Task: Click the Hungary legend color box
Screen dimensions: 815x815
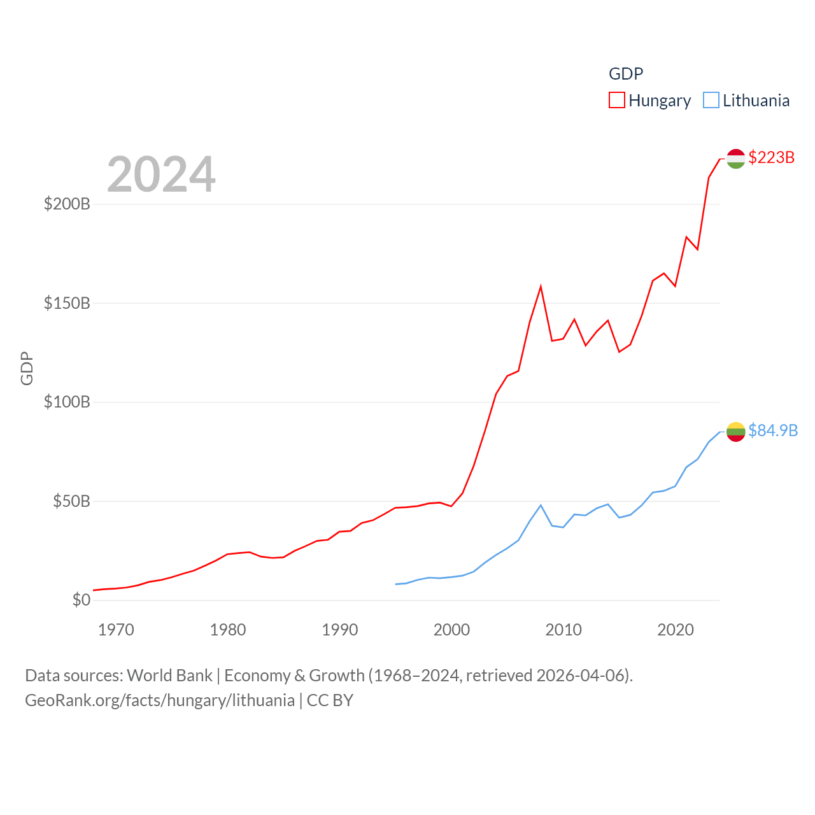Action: click(616, 101)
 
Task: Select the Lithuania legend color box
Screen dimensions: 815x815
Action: click(711, 101)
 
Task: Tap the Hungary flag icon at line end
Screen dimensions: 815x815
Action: click(735, 159)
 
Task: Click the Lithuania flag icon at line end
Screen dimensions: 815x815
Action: click(735, 432)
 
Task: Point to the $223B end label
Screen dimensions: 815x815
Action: click(771, 157)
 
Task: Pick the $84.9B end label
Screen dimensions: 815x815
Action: click(772, 430)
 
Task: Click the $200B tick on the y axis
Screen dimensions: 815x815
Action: click(67, 204)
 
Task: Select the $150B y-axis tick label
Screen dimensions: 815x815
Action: click(67, 303)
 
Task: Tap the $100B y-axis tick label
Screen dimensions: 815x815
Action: click(67, 402)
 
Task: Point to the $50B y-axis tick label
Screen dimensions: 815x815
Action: click(71, 501)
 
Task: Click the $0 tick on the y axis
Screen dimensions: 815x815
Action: click(81, 600)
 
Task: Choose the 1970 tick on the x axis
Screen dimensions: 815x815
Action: click(116, 630)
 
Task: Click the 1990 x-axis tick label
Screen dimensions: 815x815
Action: click(340, 630)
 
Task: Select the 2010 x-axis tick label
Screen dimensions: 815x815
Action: click(563, 630)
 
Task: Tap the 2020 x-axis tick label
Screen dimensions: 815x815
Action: click(676, 630)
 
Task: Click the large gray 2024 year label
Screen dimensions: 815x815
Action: click(161, 174)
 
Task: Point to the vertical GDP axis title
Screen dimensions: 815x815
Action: click(27, 368)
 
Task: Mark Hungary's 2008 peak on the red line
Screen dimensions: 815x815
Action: click(541, 287)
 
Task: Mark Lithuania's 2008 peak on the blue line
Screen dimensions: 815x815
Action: click(541, 506)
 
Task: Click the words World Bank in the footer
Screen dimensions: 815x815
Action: click(169, 675)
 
